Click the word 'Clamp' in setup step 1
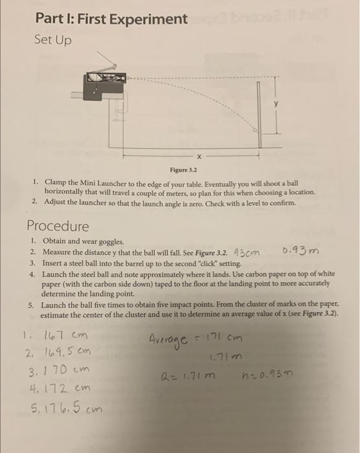click(58, 183)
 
